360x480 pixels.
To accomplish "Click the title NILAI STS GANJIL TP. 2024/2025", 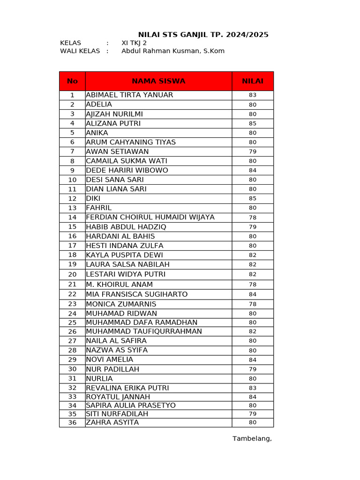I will click(203, 35).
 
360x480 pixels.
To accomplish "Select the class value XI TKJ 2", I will click(134, 43).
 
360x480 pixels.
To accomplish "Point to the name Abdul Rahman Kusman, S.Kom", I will click(173, 51).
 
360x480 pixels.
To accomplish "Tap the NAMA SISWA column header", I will click(158, 81).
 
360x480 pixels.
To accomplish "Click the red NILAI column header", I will click(253, 81).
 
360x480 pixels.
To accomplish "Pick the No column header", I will click(72, 81).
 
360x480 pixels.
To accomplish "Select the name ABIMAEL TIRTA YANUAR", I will click(129, 95).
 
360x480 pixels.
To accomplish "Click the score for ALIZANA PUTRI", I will click(253, 124).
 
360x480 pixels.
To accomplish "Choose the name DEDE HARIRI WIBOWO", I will click(127, 171).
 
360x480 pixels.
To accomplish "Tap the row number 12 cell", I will click(72, 199).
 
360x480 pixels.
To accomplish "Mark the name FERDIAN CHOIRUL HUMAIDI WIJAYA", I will click(150, 217).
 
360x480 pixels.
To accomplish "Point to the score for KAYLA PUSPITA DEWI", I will click(253, 255).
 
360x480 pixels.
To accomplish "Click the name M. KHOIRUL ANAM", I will click(120, 285).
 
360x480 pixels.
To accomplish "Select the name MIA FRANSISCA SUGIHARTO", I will click(137, 294).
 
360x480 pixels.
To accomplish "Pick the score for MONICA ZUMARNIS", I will click(253, 304).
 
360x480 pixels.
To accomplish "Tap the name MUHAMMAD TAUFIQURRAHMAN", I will click(144, 331).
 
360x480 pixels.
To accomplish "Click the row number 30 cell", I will click(72, 369).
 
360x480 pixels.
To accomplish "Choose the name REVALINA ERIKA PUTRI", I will click(127, 388).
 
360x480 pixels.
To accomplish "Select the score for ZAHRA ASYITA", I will click(253, 422).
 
